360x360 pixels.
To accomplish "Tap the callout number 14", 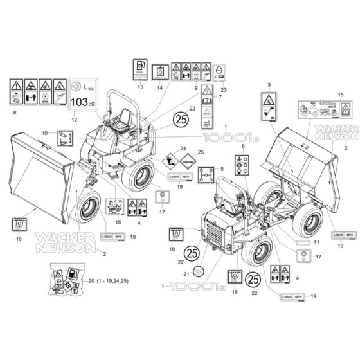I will click(x=159, y=87).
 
